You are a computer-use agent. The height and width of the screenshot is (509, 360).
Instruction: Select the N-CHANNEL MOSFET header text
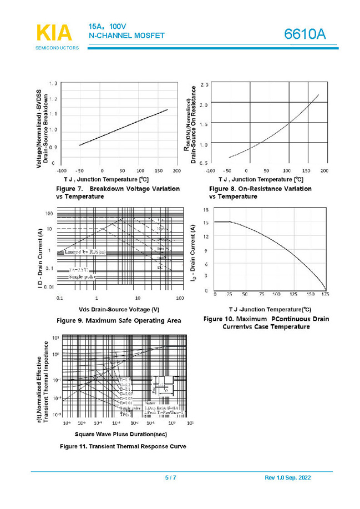(126, 36)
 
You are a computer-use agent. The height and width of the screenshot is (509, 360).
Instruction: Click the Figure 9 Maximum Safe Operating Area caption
(117, 321)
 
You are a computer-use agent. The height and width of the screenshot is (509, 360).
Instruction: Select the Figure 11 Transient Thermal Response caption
(119, 446)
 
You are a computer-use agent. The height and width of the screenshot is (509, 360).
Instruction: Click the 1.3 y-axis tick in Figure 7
(52, 83)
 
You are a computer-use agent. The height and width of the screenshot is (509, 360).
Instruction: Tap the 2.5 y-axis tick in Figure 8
(205, 85)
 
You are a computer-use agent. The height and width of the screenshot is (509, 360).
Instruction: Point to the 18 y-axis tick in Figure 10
(206, 210)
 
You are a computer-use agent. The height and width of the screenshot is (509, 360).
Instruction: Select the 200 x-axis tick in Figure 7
(177, 170)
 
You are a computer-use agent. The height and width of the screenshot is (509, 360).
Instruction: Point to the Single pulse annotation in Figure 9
(82, 276)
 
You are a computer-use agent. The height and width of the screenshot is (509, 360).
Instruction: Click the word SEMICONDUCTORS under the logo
(57, 48)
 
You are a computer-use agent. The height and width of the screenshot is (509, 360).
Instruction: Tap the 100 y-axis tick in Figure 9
(49, 214)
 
